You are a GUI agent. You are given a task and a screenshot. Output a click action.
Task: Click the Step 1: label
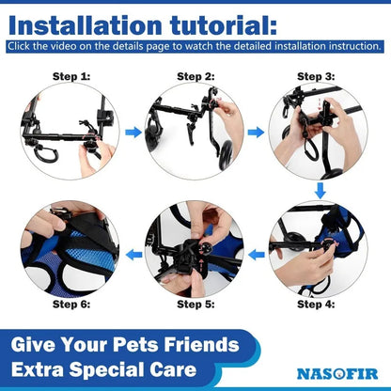(71, 76)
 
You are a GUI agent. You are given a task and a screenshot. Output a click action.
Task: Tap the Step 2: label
(195, 76)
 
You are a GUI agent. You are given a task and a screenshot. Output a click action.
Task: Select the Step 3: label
(317, 76)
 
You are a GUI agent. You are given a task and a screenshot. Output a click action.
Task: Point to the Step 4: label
(317, 304)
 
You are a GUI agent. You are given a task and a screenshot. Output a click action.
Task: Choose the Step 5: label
(195, 304)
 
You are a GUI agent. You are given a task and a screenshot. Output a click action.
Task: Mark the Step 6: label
(71, 304)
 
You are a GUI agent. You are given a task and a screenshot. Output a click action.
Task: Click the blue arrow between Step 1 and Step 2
(133, 133)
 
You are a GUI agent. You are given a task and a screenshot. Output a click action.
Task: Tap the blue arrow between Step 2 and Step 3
(256, 133)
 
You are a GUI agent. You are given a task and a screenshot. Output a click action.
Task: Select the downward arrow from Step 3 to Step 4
(320, 191)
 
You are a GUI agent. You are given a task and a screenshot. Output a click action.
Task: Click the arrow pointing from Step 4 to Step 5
(255, 254)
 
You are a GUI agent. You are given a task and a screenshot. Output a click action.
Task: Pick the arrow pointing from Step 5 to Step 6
(133, 254)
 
